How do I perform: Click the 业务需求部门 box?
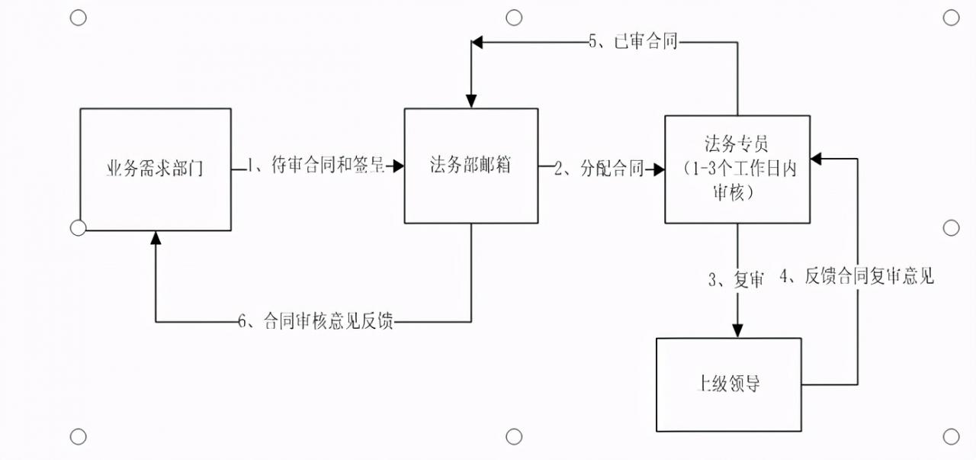coord(155,169)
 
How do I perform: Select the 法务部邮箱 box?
coord(470,166)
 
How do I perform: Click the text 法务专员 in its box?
coord(736,143)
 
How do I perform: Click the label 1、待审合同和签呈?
coord(316,167)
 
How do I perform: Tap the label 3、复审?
coord(736,280)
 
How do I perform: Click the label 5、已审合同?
coord(633,42)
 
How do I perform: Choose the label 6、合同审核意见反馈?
coord(316,321)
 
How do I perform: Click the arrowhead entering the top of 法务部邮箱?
coord(471,101)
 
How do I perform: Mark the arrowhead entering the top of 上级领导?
coord(737,330)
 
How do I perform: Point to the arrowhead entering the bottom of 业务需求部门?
coord(156,237)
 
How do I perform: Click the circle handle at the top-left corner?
coord(79,18)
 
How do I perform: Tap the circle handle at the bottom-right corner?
coord(951,436)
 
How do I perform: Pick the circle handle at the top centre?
coord(514,18)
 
